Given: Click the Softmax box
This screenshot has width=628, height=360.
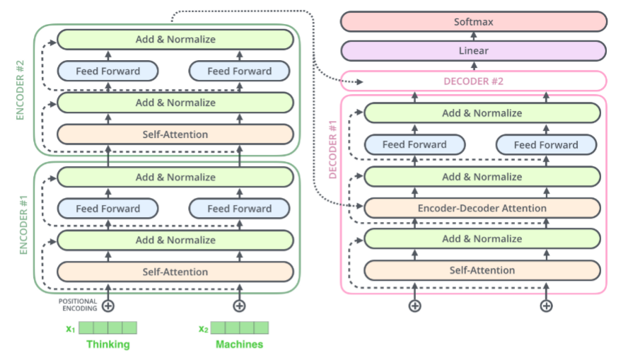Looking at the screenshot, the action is (x=474, y=22).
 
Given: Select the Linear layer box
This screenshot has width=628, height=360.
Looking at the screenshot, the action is (x=474, y=51).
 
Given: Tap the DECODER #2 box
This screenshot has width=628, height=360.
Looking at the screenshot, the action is (x=474, y=81).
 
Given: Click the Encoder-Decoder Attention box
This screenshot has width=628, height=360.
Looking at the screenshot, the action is (x=482, y=208).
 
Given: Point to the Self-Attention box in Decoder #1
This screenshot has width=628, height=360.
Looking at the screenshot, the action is (x=482, y=270).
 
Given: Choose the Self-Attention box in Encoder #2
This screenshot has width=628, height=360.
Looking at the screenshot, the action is (x=175, y=134).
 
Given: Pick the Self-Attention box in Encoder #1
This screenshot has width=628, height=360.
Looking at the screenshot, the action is (x=175, y=272).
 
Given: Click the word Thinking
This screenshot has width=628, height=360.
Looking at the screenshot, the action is (x=108, y=344).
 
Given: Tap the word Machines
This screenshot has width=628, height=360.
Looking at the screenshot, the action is (x=240, y=344).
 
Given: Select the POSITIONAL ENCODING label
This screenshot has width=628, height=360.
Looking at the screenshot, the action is (x=78, y=305).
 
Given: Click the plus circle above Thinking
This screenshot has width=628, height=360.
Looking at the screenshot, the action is (x=108, y=306).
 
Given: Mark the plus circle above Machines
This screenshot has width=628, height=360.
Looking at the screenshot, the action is (x=240, y=306).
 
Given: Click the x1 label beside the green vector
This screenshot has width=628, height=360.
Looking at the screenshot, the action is (x=71, y=329).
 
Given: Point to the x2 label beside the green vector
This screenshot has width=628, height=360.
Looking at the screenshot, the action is (x=204, y=329).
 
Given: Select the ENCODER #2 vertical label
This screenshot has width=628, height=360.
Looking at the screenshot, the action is (x=20, y=90).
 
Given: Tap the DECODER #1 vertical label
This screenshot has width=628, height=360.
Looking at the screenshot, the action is (x=332, y=149).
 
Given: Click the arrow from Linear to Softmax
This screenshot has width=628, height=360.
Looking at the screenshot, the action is (x=474, y=37).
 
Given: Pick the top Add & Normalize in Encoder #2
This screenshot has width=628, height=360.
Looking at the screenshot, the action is (x=175, y=40).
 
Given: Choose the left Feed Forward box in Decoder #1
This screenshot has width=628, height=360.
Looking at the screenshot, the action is (x=414, y=144).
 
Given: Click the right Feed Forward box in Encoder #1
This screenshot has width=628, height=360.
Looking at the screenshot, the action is (x=240, y=209).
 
